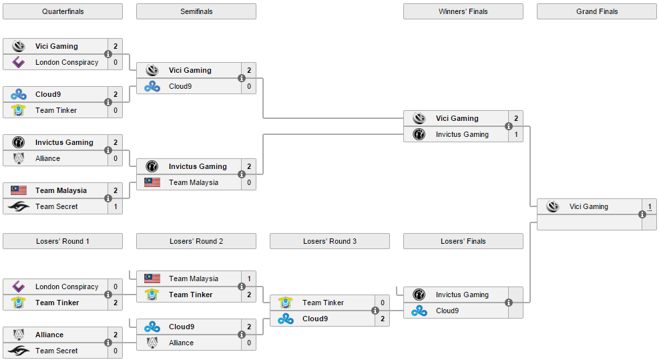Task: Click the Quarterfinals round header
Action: (63, 11)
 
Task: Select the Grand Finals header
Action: (597, 11)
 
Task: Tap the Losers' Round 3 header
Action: (330, 241)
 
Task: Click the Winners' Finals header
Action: (463, 11)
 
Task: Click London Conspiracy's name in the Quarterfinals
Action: (67, 62)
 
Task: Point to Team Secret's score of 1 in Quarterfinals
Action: (116, 206)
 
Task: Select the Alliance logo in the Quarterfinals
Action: (19, 158)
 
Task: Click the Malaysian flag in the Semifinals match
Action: (152, 182)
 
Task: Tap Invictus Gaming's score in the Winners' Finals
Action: (516, 134)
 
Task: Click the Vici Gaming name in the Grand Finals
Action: (588, 206)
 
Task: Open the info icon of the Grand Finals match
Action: (642, 214)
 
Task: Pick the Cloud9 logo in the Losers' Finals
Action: (419, 311)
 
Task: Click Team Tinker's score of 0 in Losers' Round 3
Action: (383, 303)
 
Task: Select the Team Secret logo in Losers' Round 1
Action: (19, 351)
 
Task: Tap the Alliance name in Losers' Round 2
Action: (181, 343)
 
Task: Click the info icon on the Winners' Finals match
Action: (509, 126)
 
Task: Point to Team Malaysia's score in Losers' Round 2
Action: (249, 279)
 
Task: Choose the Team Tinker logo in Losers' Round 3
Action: (285, 303)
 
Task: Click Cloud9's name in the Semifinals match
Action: (180, 86)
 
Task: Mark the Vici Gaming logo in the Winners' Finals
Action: (419, 118)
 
